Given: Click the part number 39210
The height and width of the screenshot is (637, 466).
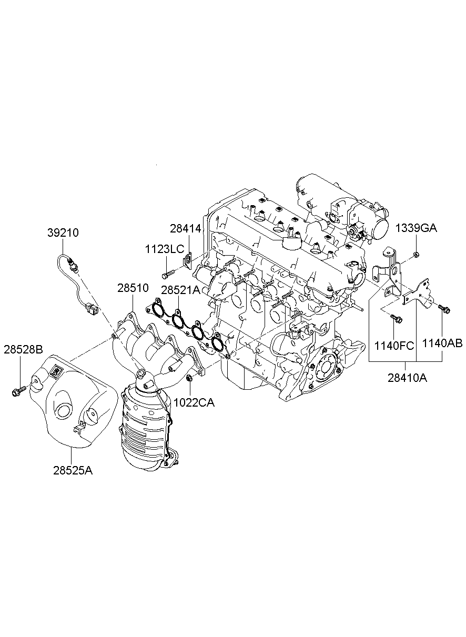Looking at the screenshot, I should (63, 232).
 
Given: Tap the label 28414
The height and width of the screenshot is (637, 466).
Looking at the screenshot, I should (185, 228).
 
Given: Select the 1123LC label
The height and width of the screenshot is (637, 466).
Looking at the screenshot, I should (165, 249).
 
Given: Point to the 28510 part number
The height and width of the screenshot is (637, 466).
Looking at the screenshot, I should (133, 288).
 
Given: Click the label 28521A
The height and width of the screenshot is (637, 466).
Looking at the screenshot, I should (180, 290).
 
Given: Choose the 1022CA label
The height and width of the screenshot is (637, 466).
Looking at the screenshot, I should (195, 402).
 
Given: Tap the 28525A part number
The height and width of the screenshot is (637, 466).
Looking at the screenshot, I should (73, 470).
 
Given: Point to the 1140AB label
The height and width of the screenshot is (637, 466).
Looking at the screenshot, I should (442, 343).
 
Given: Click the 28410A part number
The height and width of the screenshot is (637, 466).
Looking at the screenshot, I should (406, 378).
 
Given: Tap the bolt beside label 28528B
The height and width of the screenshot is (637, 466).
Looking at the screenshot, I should (17, 391).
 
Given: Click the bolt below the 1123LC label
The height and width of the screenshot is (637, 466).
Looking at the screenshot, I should (168, 273).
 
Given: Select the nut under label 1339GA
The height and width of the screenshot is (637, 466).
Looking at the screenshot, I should (416, 255).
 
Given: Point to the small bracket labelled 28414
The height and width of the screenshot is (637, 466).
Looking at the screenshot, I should (187, 260).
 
